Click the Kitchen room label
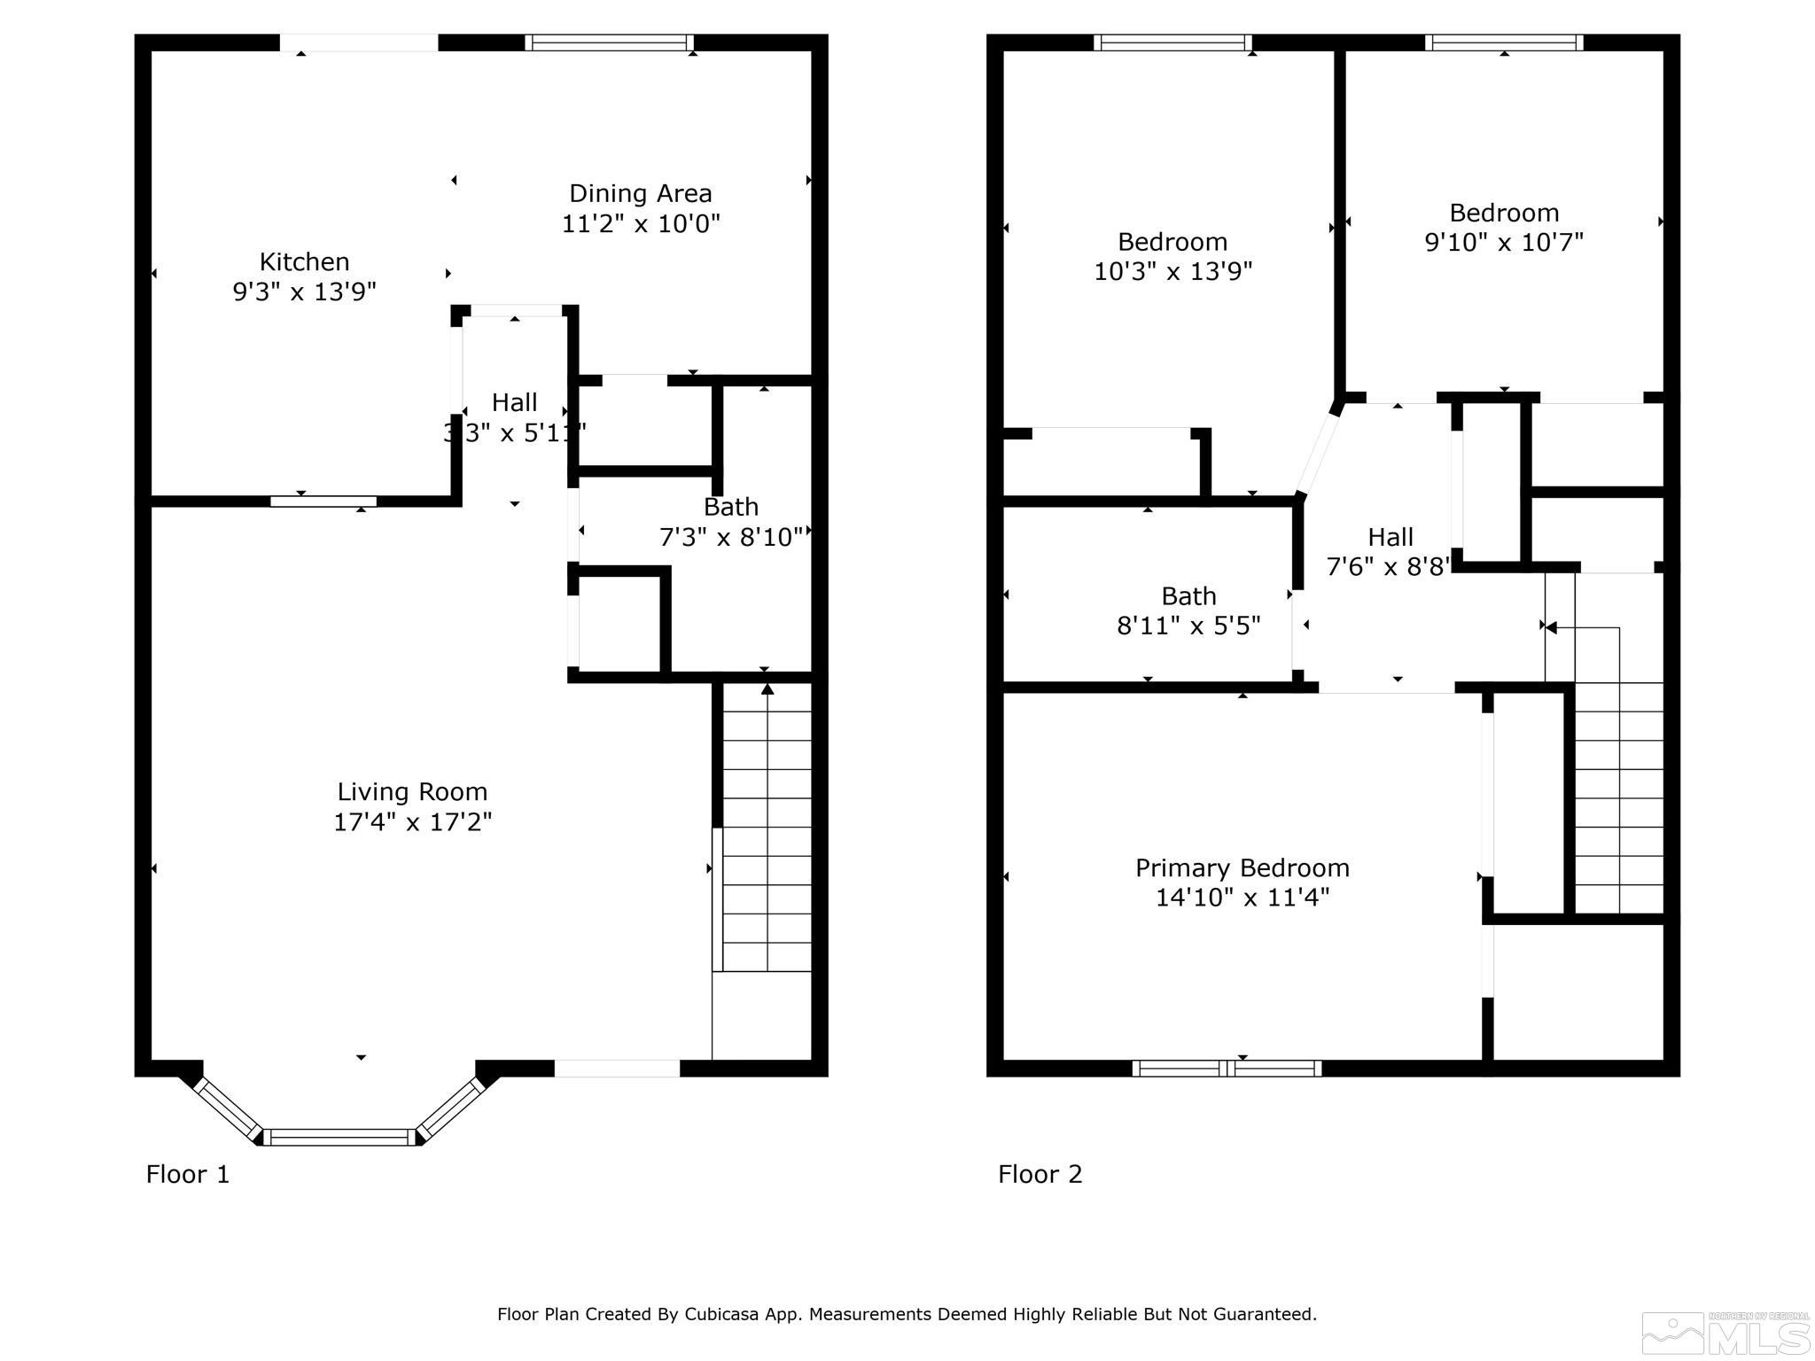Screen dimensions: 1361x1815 point(304,262)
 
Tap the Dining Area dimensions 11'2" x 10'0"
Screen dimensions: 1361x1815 point(640,223)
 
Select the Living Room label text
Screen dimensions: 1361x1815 point(412,791)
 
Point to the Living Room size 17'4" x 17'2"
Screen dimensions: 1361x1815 point(412,822)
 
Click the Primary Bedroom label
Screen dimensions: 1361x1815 point(1242,867)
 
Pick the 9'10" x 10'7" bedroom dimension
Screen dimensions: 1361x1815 point(1503,242)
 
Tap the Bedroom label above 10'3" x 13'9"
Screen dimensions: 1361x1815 point(1172,241)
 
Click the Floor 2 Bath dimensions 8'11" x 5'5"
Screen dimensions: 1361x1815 point(1188,626)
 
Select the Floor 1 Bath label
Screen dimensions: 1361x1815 point(730,507)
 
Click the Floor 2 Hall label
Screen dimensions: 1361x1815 point(1390,537)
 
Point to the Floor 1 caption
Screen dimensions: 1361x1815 point(188,1174)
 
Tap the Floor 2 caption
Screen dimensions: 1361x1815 point(1040,1174)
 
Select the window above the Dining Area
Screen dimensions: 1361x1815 point(609,43)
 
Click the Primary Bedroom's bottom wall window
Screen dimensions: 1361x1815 point(1227,1069)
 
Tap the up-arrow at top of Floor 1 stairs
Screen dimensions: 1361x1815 point(767,689)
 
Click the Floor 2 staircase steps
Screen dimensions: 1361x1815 point(1618,797)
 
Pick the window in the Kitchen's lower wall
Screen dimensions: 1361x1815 point(323,502)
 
